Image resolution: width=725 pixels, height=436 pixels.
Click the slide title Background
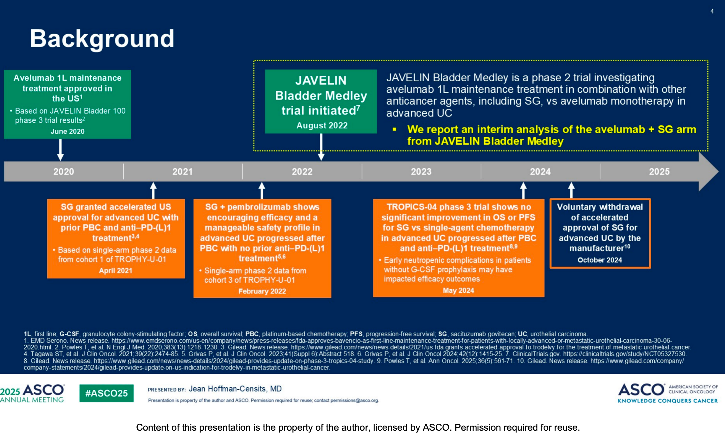tap(102, 39)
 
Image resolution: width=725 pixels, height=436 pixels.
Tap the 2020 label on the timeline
tap(64, 172)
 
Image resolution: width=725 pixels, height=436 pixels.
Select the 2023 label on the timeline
tap(421, 172)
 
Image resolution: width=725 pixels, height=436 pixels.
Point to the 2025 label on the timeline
tap(659, 172)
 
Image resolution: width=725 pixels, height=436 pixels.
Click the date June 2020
tap(68, 131)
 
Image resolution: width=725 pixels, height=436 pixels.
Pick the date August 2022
tap(322, 125)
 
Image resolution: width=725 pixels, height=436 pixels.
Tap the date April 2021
tap(116, 270)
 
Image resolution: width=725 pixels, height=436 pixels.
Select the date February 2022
tap(262, 291)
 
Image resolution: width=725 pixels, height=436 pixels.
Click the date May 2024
tap(458, 291)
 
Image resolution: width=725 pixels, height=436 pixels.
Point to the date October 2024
tap(600, 260)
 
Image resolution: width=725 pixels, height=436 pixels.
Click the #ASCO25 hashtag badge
tap(106, 393)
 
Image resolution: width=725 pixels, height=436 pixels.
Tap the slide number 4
tap(712, 11)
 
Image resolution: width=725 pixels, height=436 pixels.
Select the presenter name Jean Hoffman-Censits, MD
tap(235, 389)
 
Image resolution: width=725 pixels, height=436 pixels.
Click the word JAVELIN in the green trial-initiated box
tap(321, 80)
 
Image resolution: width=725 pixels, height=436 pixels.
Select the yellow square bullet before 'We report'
tap(394, 129)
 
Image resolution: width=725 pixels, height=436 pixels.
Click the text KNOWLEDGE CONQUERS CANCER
tap(667, 401)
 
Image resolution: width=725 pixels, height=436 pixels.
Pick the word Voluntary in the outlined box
tap(576, 207)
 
